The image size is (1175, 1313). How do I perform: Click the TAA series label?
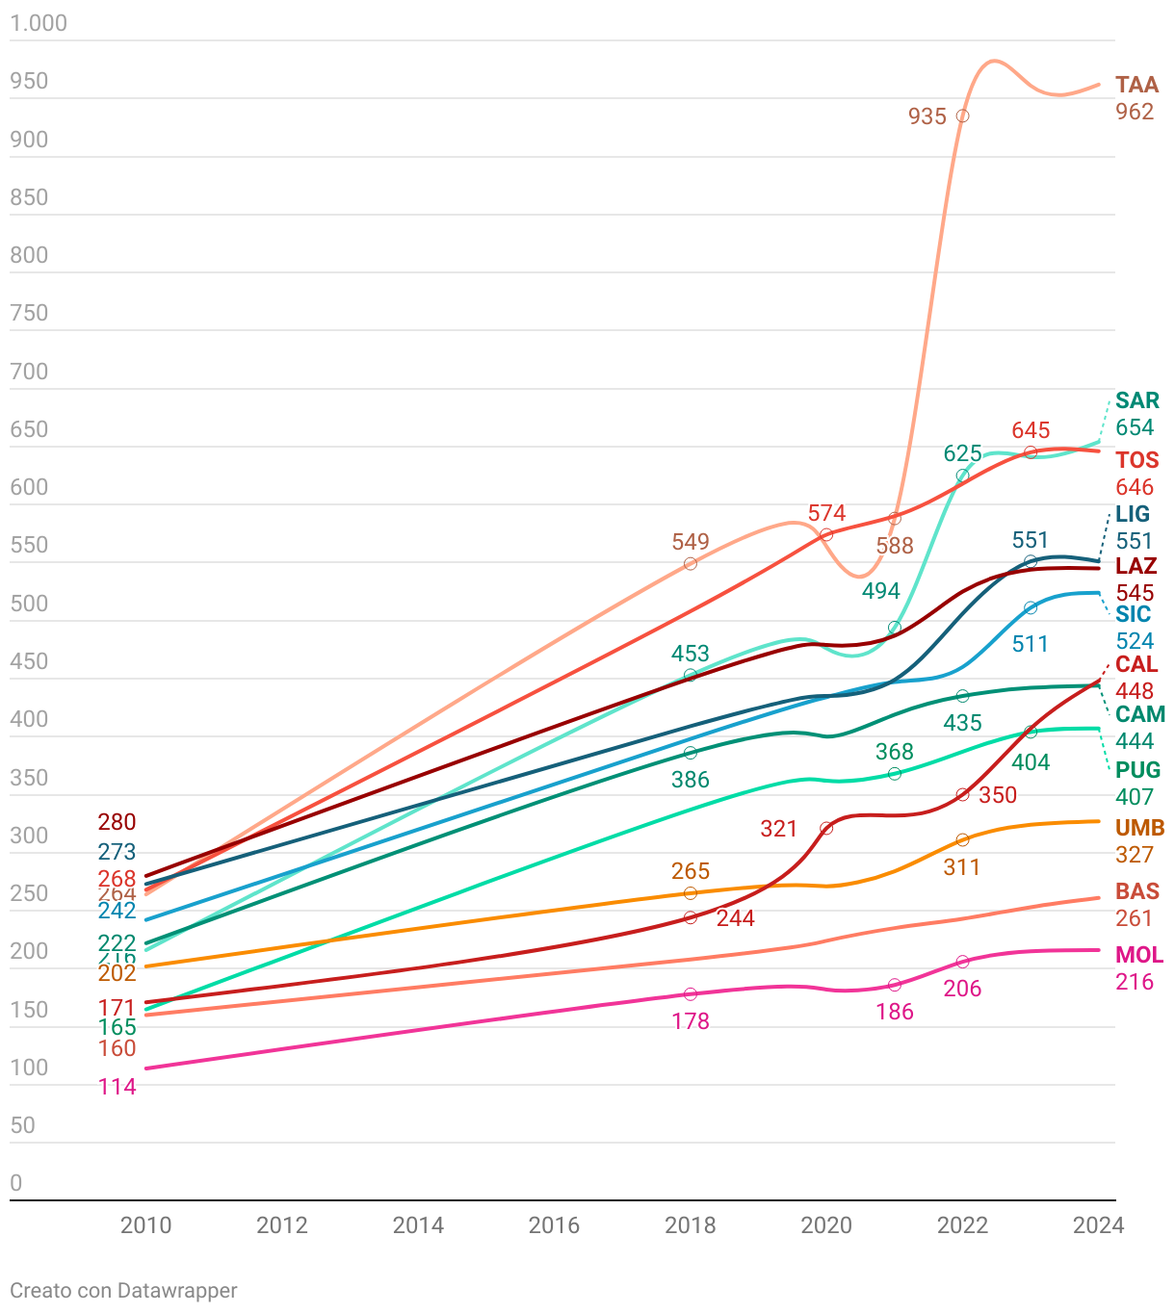(1136, 85)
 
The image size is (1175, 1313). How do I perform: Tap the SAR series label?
(1136, 400)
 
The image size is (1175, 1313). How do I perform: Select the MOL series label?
(1138, 955)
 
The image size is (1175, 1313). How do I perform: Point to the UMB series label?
(1139, 828)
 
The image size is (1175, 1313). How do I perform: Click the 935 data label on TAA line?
(927, 116)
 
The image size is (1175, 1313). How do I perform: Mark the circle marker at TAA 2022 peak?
(962, 116)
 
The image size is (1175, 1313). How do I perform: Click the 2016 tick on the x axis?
(554, 1225)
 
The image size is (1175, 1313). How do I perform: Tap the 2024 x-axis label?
(1098, 1225)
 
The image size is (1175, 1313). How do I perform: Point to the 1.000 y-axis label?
(39, 23)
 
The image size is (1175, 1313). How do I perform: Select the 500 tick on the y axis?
(29, 604)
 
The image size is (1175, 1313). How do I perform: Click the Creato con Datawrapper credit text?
(123, 1291)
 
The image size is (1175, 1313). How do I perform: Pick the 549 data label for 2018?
(691, 542)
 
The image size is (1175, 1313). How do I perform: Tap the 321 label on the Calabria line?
(778, 829)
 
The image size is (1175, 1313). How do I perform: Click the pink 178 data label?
(691, 1021)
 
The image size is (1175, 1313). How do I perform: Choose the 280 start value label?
(117, 822)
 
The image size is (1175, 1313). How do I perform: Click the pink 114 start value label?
(117, 1087)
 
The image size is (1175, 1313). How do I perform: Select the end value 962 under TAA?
(1135, 112)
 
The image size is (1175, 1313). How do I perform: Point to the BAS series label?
(1137, 891)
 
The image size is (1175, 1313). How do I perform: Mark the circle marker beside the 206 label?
(962, 962)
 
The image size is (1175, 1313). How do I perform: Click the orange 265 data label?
(691, 871)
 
